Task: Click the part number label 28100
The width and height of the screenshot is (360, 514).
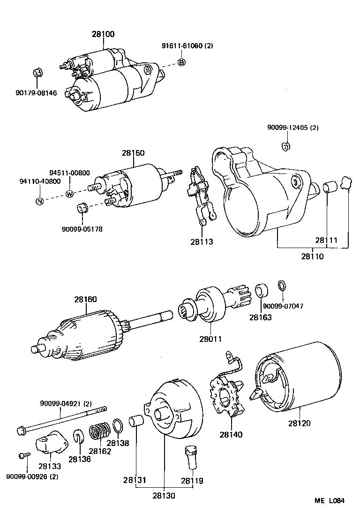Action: (103, 34)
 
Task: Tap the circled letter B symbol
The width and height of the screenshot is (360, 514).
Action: (182, 62)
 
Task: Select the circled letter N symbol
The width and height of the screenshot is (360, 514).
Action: (40, 201)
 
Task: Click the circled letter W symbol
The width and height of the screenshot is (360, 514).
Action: (70, 194)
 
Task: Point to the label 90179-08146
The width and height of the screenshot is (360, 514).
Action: (36, 93)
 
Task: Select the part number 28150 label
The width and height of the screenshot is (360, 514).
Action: (133, 153)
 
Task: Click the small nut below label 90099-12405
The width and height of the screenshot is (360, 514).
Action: (285, 146)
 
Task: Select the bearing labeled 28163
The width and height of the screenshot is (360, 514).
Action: (261, 291)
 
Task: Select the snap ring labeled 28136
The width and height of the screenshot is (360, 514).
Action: (78, 438)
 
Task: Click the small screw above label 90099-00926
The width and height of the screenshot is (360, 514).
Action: (24, 455)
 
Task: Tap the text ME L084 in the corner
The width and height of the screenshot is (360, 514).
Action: (330, 500)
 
